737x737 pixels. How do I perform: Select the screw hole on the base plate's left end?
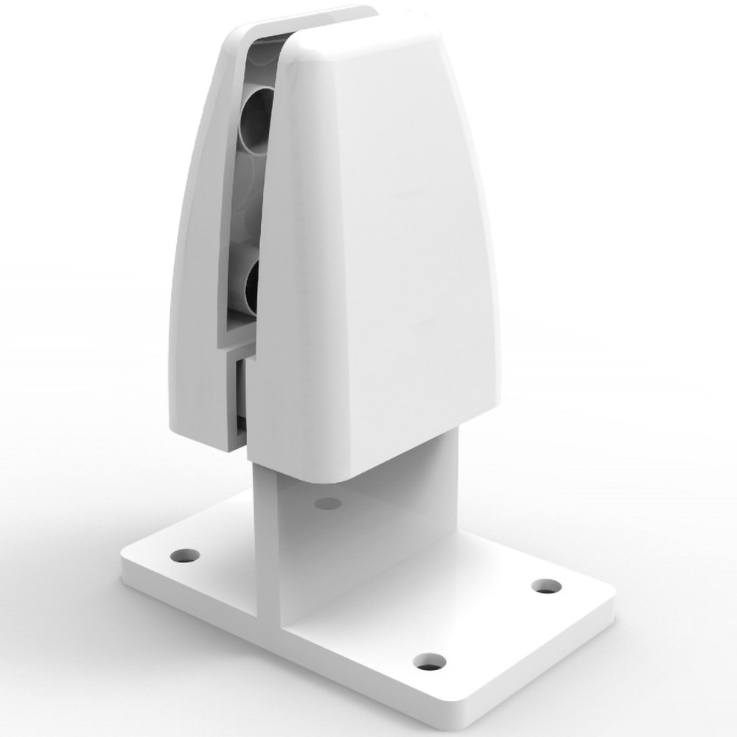pyautogui.click(x=182, y=553)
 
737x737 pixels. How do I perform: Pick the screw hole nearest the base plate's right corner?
pyautogui.click(x=546, y=586)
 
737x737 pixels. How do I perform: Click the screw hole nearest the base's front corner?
pyautogui.click(x=428, y=661)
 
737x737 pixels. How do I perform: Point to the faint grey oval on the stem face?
pyautogui.click(x=327, y=504)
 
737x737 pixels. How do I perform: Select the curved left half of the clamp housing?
pyautogui.click(x=199, y=258)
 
